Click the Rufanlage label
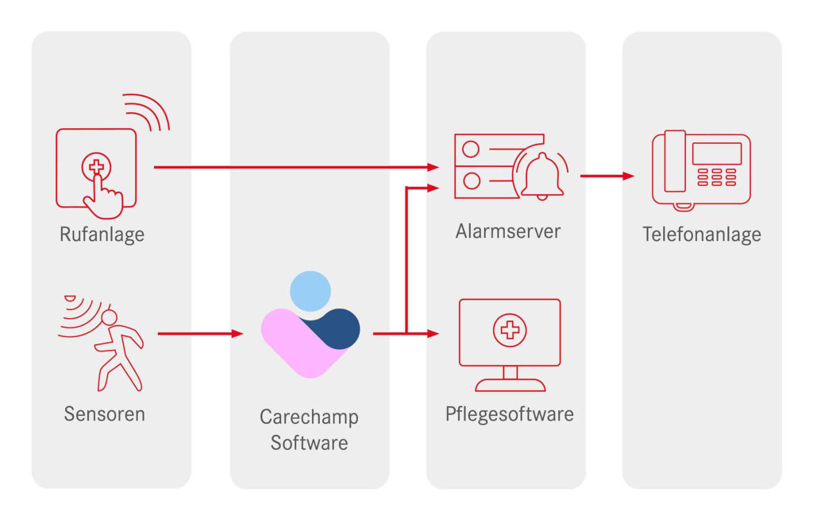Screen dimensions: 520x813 tap(102, 235)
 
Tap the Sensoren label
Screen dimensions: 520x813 tap(105, 413)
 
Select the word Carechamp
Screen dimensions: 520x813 tap(309, 417)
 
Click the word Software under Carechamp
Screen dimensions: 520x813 tap(309, 442)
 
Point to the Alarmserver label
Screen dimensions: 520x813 tap(508, 231)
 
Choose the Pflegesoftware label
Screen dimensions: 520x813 tap(509, 413)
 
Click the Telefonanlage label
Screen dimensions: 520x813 tap(701, 234)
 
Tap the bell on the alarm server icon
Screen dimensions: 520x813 tap(542, 175)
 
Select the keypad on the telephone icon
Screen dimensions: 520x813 tap(716, 177)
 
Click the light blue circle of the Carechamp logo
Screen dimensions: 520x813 tap(310, 290)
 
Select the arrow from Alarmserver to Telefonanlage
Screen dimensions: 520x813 tap(607, 176)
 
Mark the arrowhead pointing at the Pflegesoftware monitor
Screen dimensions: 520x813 tap(433, 334)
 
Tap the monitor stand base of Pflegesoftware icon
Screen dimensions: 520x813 tap(510, 386)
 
